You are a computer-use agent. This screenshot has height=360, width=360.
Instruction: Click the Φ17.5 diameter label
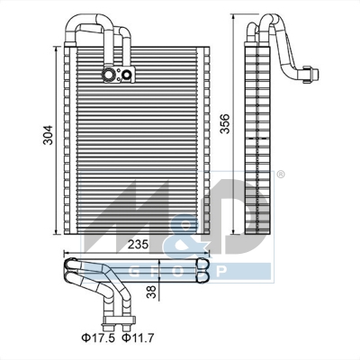pyautogui.click(x=95, y=338)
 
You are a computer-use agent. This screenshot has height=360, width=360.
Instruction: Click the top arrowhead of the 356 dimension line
pyautogui.click(x=247, y=16)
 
